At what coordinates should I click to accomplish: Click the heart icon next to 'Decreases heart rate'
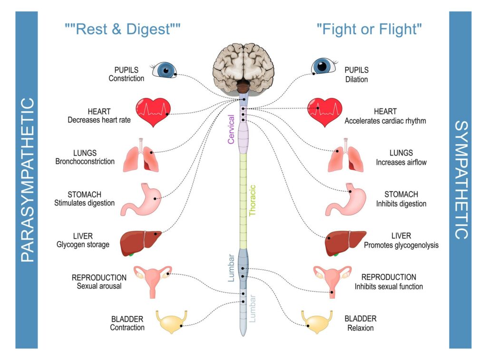coord(153,112)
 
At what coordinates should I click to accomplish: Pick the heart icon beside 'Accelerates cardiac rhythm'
coord(324,112)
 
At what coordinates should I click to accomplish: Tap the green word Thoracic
coord(253,200)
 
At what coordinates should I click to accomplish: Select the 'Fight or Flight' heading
coord(369,29)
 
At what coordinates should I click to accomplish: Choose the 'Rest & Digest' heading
coord(123,29)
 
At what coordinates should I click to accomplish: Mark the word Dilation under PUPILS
coord(356,79)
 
